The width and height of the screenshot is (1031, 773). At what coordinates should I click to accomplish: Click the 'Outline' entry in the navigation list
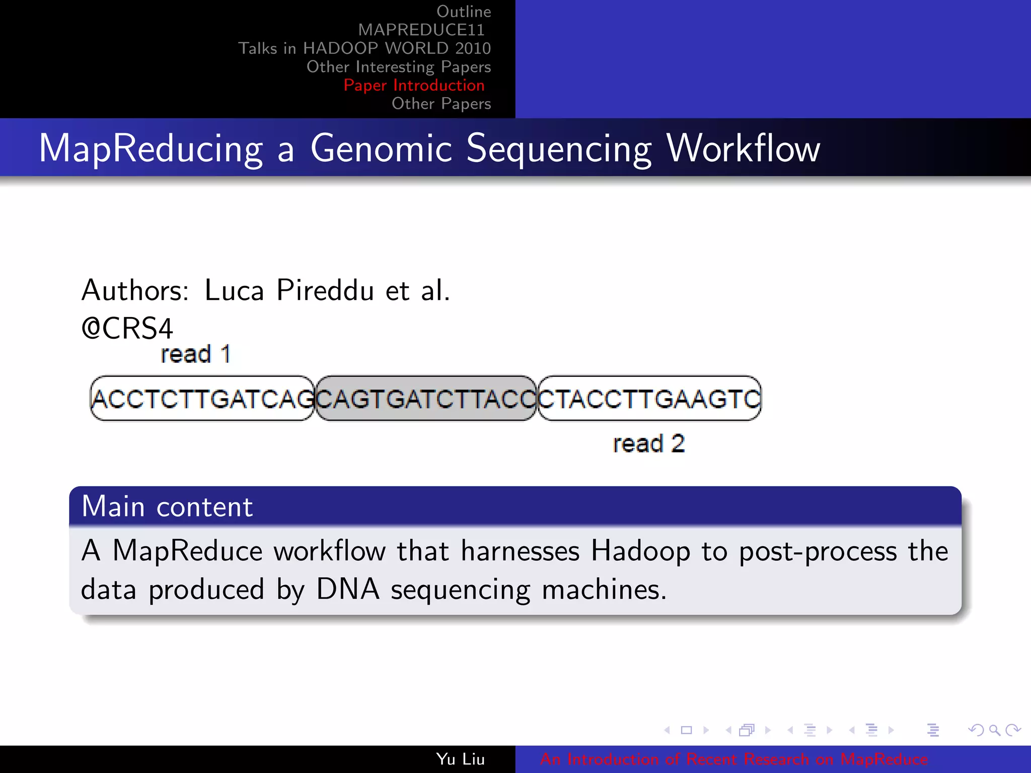click(x=463, y=12)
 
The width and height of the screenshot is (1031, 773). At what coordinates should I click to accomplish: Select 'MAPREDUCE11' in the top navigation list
click(x=421, y=30)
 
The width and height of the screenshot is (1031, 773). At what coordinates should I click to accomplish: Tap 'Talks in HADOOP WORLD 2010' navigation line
click(x=364, y=48)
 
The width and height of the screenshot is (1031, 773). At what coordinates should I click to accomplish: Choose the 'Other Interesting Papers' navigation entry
click(x=398, y=67)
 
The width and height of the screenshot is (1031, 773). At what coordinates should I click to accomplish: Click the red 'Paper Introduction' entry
click(x=414, y=85)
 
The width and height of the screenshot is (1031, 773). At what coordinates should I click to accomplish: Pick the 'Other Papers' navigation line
click(x=441, y=104)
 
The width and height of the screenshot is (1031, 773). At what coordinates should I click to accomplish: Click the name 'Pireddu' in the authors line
click(x=325, y=290)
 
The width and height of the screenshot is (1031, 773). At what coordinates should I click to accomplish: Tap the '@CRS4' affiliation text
click(x=127, y=329)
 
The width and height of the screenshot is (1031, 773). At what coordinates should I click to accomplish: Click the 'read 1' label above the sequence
click(x=195, y=354)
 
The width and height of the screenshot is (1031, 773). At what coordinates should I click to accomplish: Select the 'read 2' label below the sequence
click(x=648, y=444)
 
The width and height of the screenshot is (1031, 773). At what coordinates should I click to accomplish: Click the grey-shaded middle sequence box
click(x=426, y=399)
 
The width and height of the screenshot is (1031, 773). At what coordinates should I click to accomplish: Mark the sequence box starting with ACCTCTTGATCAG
click(x=202, y=399)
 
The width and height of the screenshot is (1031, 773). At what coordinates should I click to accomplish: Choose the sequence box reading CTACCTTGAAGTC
click(x=649, y=399)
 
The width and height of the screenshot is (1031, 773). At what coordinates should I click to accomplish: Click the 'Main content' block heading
click(x=167, y=506)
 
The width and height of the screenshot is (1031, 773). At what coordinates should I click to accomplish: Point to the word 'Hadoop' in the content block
click(x=640, y=551)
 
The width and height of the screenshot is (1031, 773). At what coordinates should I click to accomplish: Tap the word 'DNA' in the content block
click(x=348, y=589)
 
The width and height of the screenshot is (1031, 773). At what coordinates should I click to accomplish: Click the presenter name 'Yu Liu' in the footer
click(x=460, y=759)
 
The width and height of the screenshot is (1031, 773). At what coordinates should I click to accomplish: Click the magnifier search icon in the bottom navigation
click(x=994, y=730)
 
